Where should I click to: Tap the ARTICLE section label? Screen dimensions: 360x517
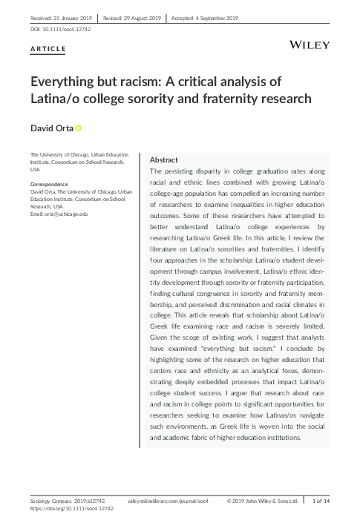pos(48,49)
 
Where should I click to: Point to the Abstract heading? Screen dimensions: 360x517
pos(163,159)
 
